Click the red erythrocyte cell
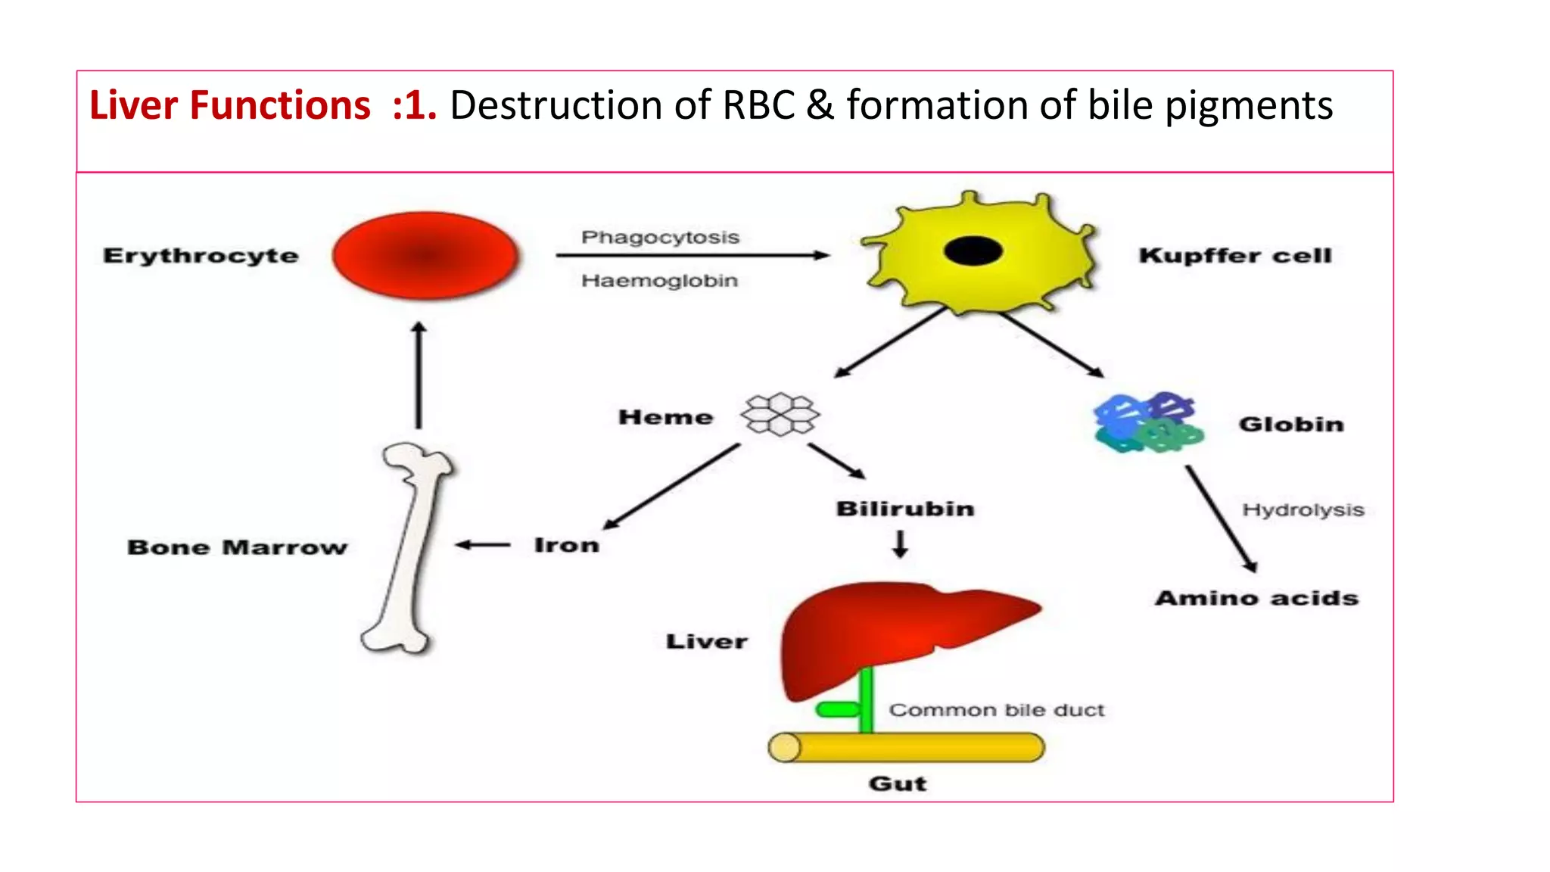click(425, 255)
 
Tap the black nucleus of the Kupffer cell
click(973, 251)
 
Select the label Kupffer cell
click(1234, 256)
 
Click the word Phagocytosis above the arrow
click(660, 237)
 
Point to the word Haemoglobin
click(659, 281)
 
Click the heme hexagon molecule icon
click(780, 414)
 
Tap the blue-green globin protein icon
click(1147, 423)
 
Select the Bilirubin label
click(904, 509)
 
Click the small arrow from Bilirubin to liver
click(900, 543)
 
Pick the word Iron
click(566, 545)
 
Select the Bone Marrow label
click(237, 547)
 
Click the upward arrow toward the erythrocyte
click(419, 375)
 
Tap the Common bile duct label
click(996, 710)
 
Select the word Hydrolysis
click(1303, 510)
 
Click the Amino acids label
click(1256, 598)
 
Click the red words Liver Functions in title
click(230, 105)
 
